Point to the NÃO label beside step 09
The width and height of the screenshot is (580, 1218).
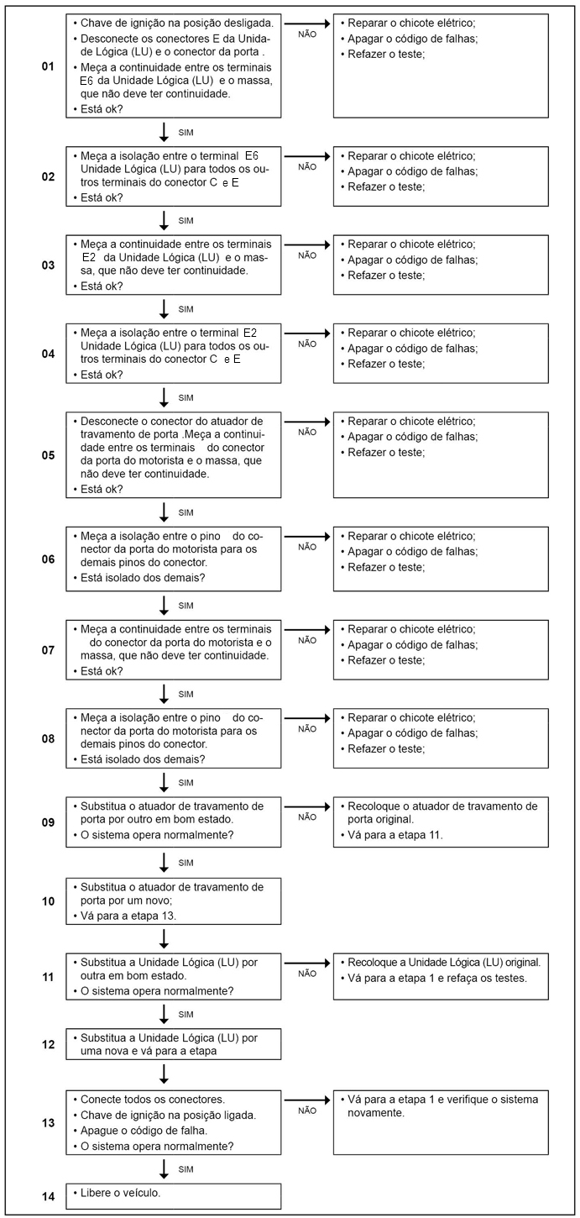pyautogui.click(x=307, y=816)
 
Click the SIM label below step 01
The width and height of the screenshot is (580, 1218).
pyautogui.click(x=186, y=133)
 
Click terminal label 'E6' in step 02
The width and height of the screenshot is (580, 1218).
pyautogui.click(x=253, y=155)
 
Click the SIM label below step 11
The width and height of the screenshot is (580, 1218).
pyautogui.click(x=186, y=1015)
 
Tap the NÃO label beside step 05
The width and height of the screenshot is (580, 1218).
pyautogui.click(x=307, y=432)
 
